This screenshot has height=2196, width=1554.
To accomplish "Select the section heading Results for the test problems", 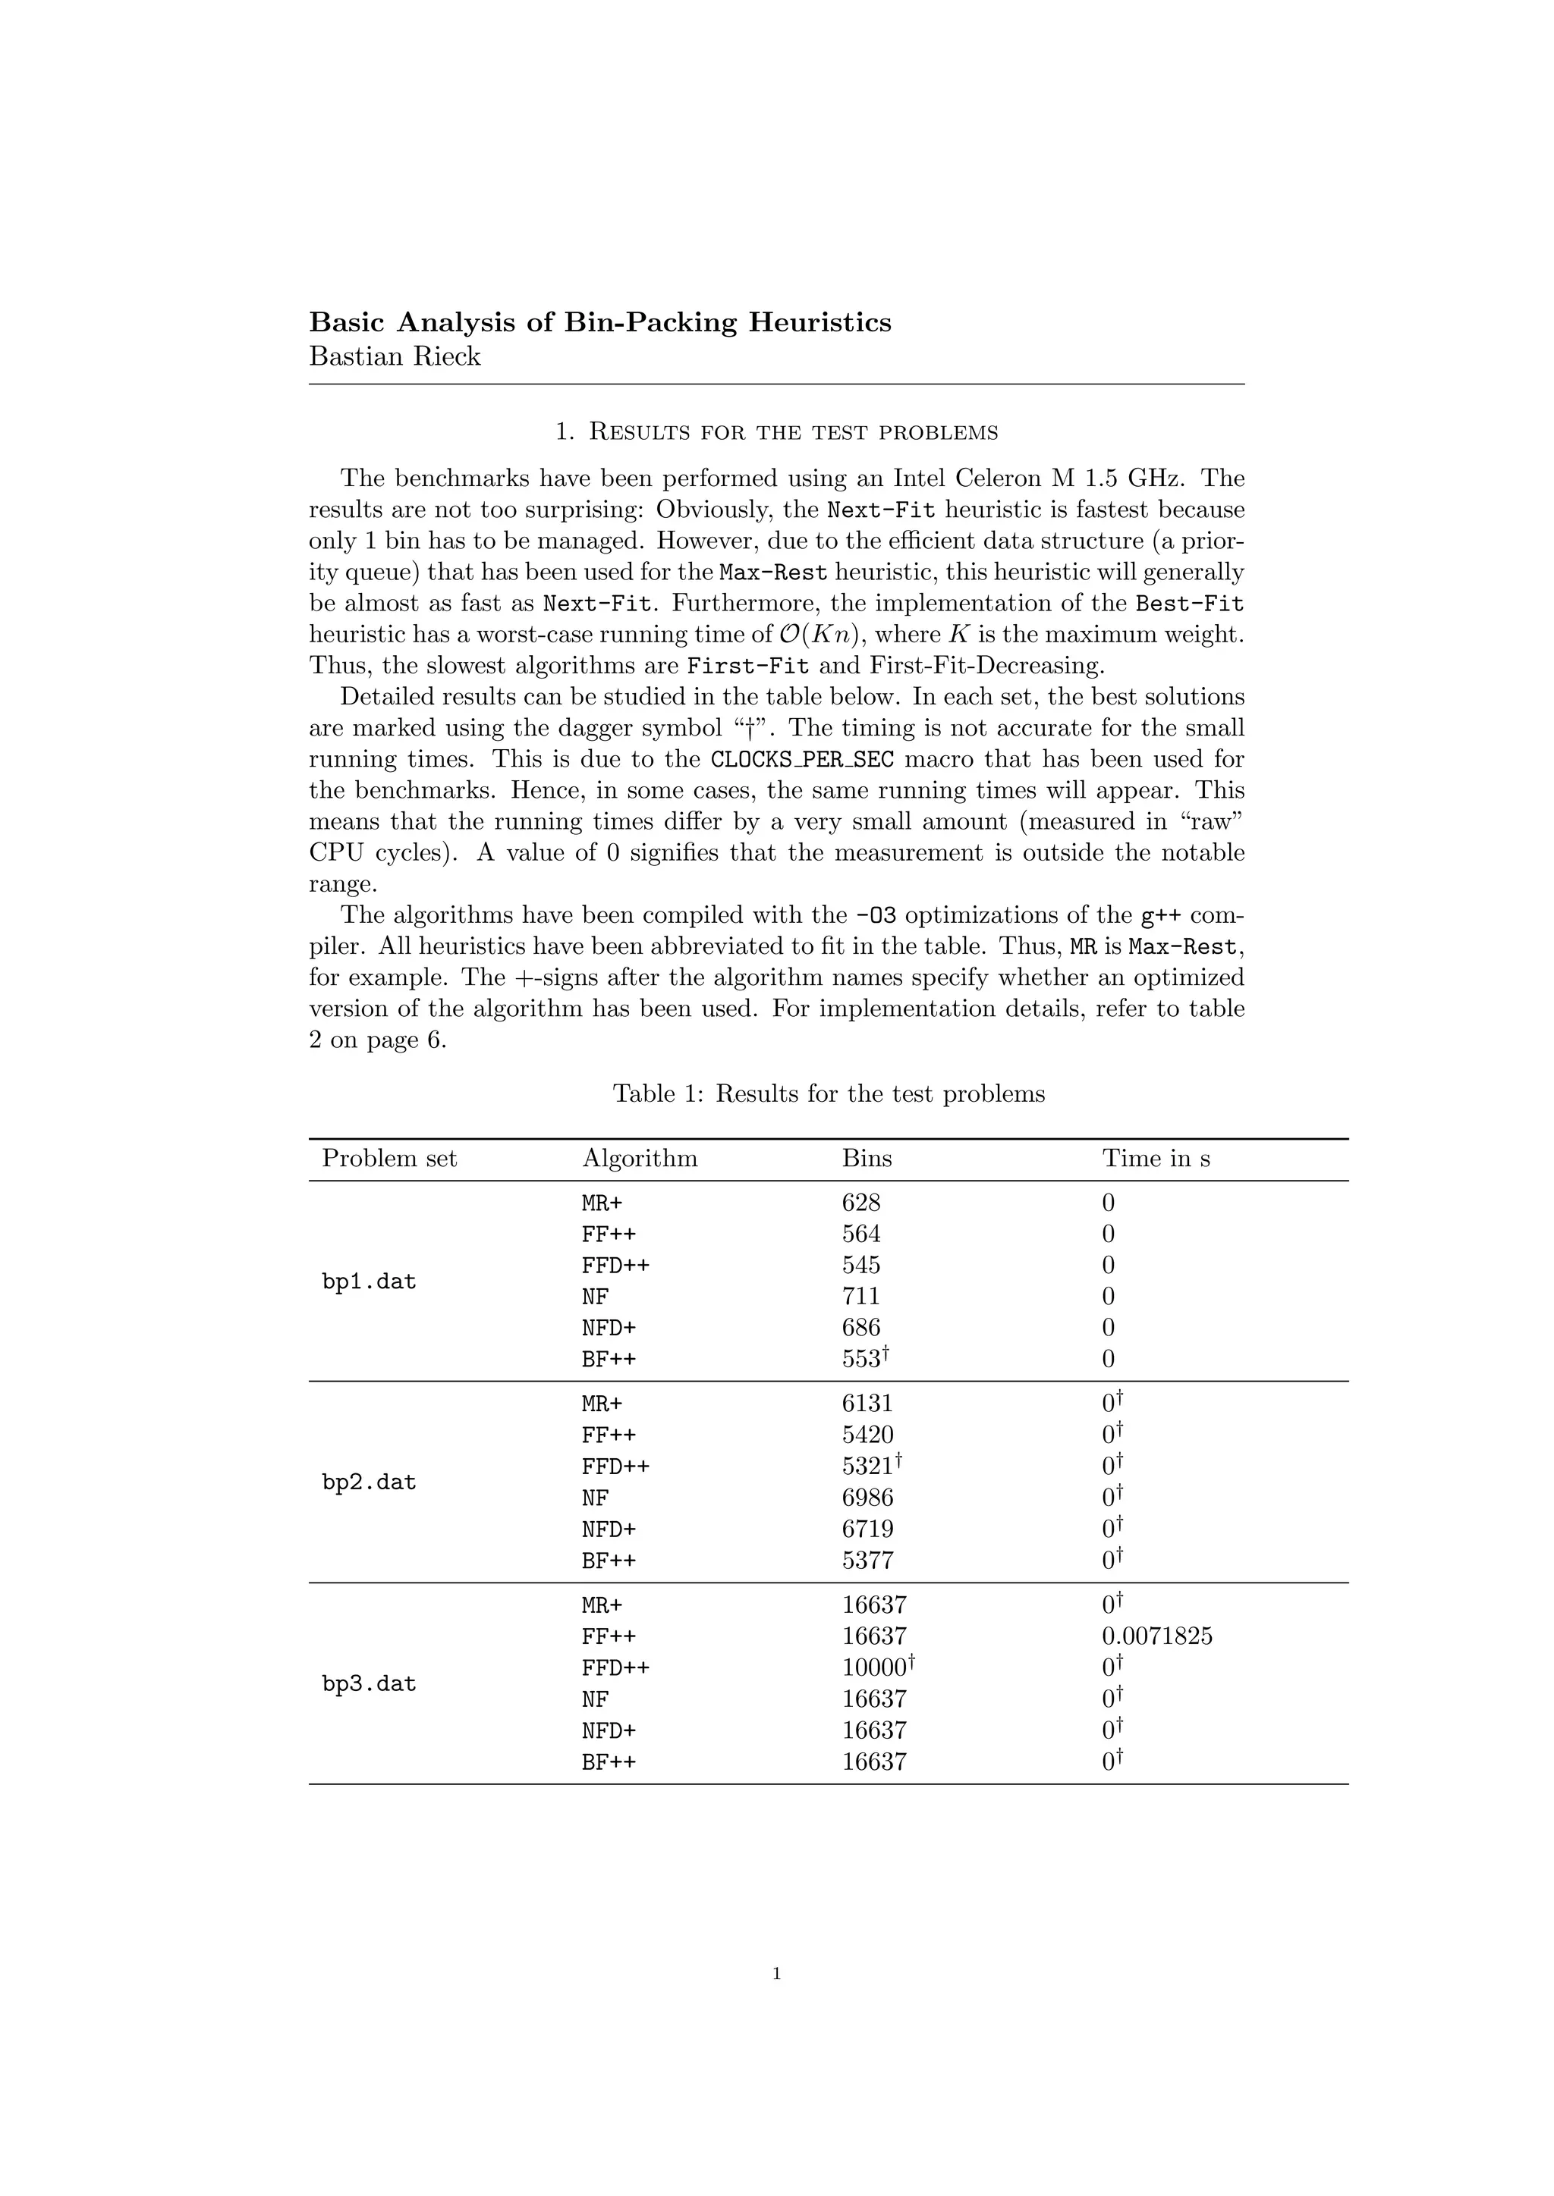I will (776, 432).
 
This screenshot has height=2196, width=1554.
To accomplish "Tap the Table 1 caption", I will (829, 1093).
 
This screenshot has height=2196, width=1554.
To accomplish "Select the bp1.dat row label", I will (370, 1282).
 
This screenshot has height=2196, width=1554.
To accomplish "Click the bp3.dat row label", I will (370, 1684).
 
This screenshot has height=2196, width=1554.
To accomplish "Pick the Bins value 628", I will (861, 1203).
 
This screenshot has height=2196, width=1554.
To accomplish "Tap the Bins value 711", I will (861, 1297).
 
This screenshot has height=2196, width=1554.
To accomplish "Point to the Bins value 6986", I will (867, 1498).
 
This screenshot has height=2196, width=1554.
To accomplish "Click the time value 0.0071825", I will (1157, 1636).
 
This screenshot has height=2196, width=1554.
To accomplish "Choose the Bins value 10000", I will (877, 1668).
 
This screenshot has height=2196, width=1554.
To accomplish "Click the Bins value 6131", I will (867, 1404).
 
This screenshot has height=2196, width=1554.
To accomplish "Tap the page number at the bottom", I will (776, 1973).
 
